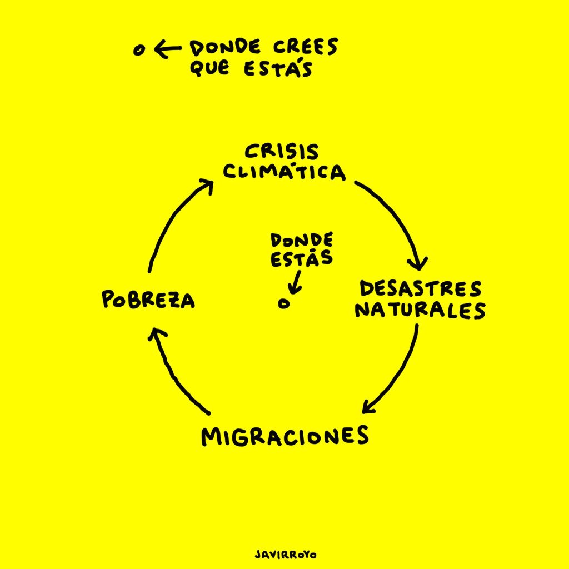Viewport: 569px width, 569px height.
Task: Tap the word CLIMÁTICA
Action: point(284,172)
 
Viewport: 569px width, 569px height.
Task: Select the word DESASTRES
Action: point(420,289)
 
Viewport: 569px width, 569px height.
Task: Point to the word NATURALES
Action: point(420,310)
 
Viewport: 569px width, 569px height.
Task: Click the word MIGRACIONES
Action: point(285,436)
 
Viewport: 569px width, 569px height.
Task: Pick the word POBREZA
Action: point(148,301)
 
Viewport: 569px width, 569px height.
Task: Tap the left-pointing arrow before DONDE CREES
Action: point(167,51)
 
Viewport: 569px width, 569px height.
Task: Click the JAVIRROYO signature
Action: point(285,555)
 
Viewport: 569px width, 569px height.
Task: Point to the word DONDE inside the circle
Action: point(302,241)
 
